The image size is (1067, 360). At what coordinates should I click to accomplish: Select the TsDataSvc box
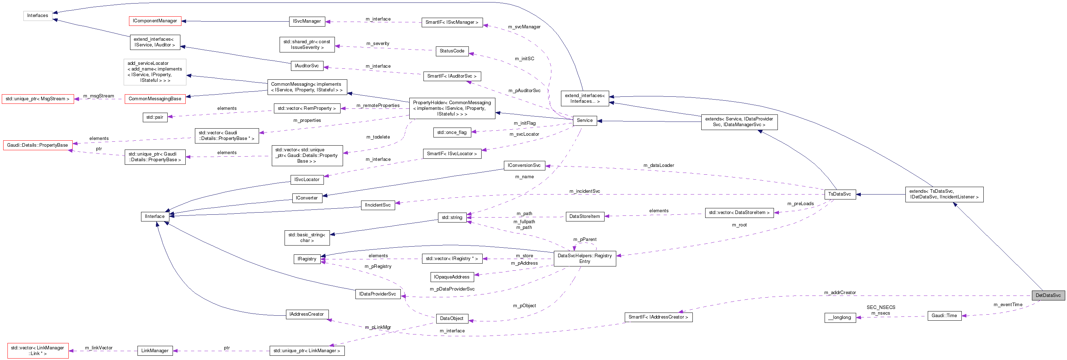pos(839,194)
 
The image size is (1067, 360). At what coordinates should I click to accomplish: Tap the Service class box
pos(584,120)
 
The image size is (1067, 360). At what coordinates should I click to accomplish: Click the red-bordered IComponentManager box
pos(155,21)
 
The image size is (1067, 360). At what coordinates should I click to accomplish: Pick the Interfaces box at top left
pos(38,16)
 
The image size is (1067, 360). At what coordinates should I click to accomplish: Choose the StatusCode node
pos(451,51)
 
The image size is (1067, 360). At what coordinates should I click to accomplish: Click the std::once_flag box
pos(451,133)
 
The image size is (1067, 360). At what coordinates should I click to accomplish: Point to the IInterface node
pos(155,216)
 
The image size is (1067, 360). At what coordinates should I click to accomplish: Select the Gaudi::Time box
pos(944,316)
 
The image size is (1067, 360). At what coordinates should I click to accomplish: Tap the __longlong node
pos(839,318)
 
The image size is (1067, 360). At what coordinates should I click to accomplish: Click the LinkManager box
pos(155,350)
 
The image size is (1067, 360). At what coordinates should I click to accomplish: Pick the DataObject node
pos(451,319)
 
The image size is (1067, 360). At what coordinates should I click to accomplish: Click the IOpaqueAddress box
pos(451,277)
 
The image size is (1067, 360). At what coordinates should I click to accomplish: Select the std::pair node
pos(155,117)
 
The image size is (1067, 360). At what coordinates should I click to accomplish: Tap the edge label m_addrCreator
pos(839,292)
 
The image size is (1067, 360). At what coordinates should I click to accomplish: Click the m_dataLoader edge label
pos(658,165)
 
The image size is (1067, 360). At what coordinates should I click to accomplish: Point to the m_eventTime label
pos(1007,304)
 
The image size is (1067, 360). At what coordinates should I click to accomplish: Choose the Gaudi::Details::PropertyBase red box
pos(38,145)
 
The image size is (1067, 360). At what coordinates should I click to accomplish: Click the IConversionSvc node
pos(524,165)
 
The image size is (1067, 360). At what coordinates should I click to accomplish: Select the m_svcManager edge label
pos(524,27)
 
